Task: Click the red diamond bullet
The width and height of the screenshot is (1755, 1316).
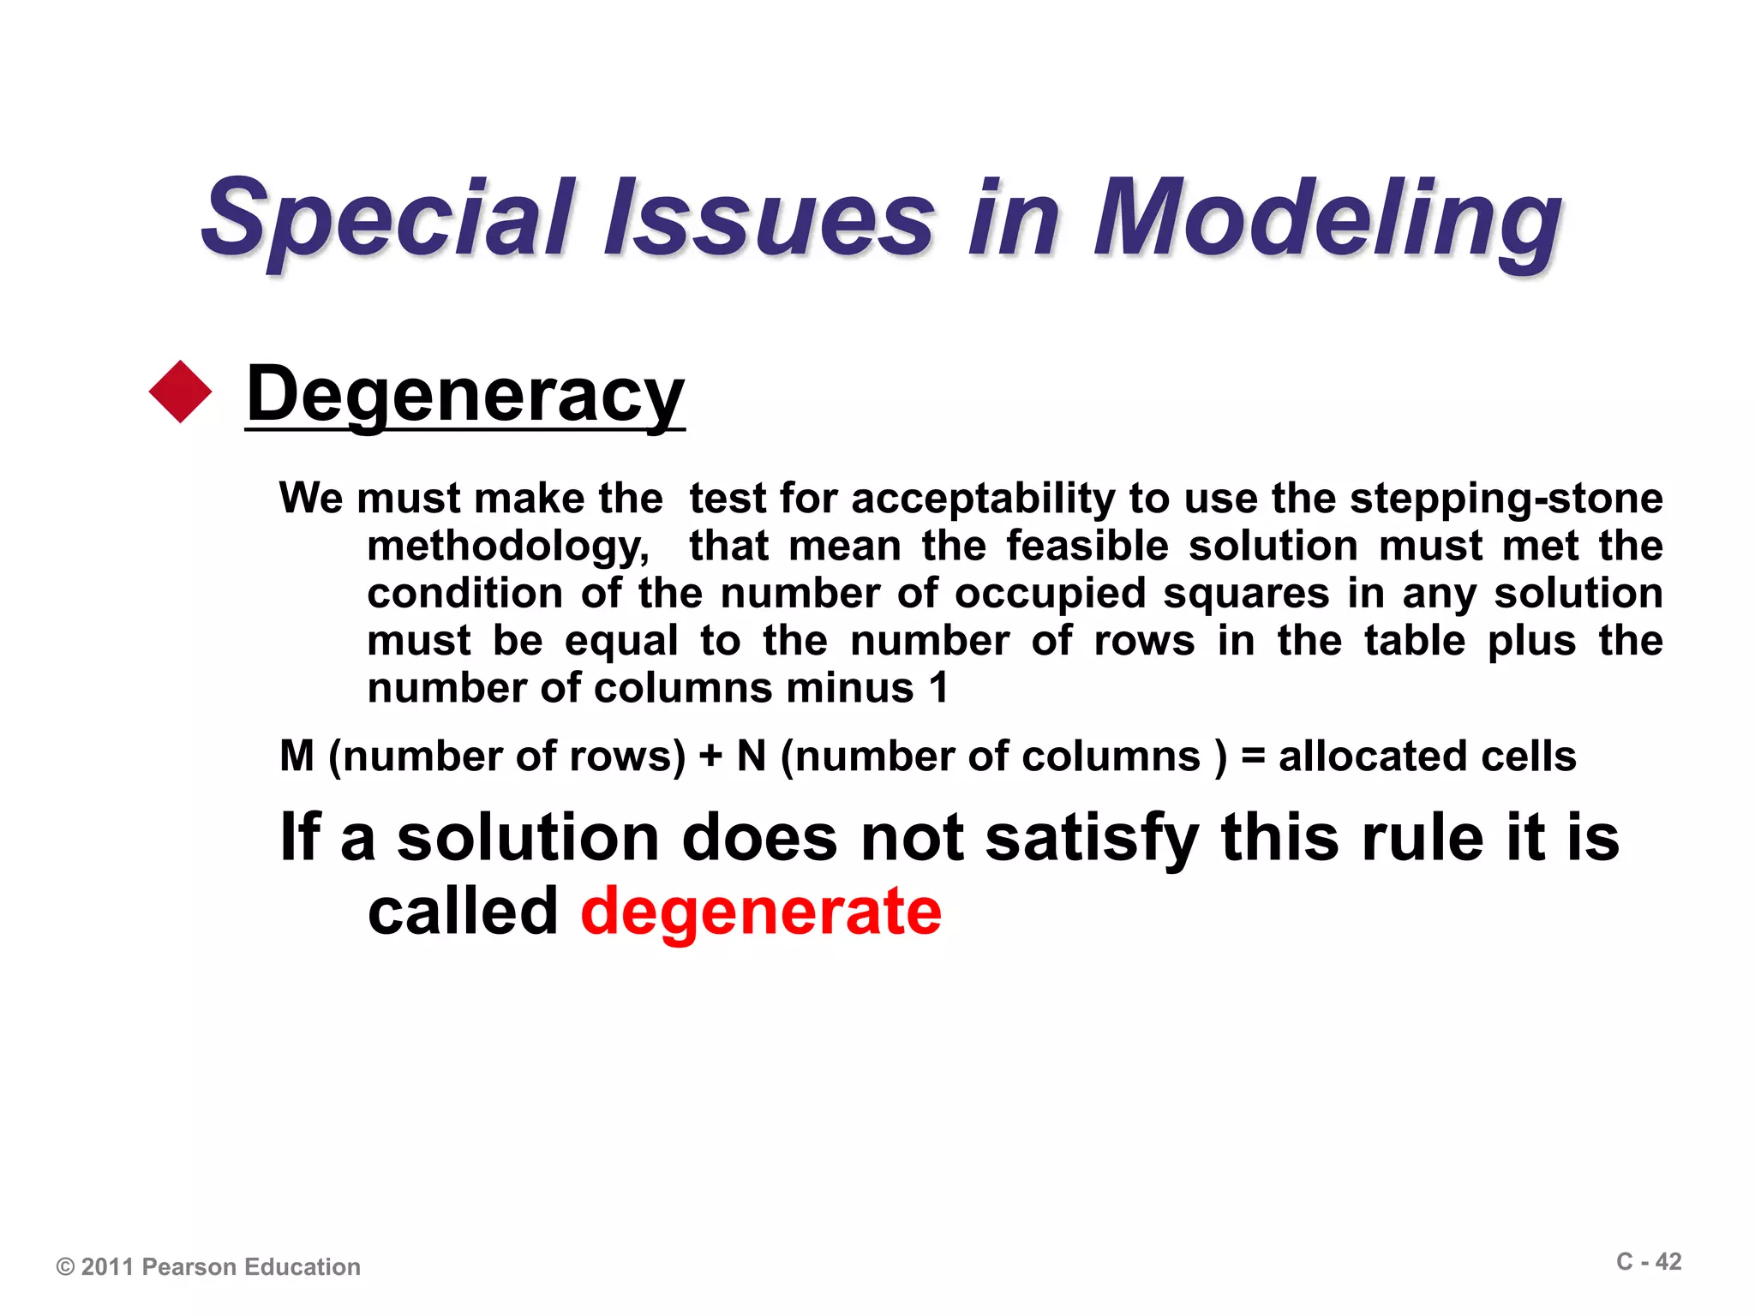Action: click(x=180, y=392)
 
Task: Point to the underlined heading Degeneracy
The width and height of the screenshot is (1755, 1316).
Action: click(x=465, y=394)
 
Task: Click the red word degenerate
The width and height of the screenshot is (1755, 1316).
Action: click(x=761, y=911)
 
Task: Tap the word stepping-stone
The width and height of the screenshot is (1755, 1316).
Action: click(x=1506, y=499)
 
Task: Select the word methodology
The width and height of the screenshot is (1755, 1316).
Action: click(x=508, y=547)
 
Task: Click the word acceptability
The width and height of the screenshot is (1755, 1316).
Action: click(x=985, y=499)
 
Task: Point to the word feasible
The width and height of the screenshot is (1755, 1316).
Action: click(x=1087, y=546)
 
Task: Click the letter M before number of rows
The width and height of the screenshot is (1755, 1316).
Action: click(x=297, y=757)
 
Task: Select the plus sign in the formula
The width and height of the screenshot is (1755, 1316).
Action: click(x=710, y=757)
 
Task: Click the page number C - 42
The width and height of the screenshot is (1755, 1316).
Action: click(x=1649, y=1262)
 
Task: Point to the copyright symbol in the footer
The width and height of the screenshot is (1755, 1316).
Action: click(x=65, y=1267)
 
